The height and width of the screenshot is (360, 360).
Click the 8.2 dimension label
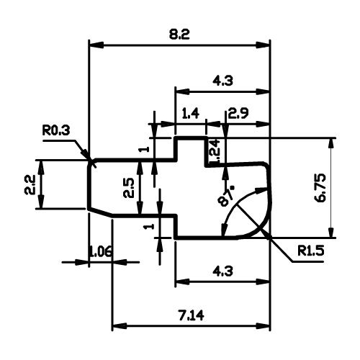point(179,35)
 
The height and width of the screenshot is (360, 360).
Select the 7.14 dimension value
point(191,315)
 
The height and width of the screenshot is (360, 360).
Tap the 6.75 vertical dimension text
point(320,188)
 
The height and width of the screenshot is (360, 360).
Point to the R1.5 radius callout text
point(311,251)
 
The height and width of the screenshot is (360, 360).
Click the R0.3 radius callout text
point(56,131)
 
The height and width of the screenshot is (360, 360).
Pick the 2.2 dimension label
point(30,184)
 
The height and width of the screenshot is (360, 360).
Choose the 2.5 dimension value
point(129,188)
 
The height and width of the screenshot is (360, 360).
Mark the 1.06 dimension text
point(100,252)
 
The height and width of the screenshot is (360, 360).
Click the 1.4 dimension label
point(190,113)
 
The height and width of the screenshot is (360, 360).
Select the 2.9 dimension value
point(238,114)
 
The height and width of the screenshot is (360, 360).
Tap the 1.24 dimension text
point(215,151)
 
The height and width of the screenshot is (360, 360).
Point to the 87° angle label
point(226,196)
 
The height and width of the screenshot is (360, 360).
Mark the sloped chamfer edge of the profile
point(100,212)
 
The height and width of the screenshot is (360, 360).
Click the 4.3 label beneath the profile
point(222,271)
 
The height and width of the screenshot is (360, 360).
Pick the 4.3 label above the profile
point(222,81)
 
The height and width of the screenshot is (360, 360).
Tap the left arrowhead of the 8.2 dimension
point(96,45)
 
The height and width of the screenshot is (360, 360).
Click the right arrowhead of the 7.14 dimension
point(263,326)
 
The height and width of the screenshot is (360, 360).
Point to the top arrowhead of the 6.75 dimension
point(331,145)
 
